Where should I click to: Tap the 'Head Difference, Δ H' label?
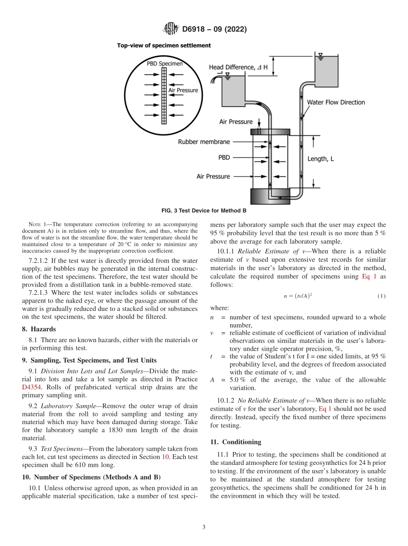coord(238,67)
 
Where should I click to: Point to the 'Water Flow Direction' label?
coord(335,102)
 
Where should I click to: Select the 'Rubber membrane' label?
coord(204,142)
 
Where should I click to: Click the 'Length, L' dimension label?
coord(320,159)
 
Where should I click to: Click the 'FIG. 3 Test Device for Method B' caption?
coord(204,210)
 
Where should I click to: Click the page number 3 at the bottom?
coord(204,527)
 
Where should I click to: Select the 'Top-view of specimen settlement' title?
coord(164,45)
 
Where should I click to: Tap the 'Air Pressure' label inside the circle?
coord(183,90)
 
